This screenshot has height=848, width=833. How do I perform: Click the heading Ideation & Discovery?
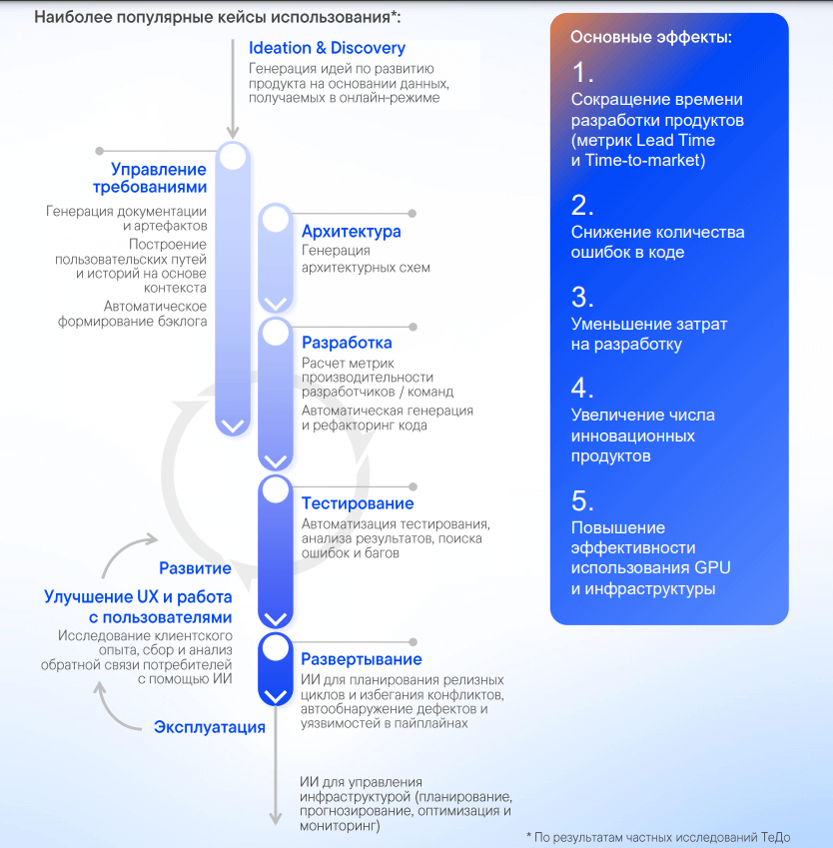tap(327, 48)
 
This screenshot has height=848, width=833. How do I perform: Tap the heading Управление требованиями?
tap(150, 178)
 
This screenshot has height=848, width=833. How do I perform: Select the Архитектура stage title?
tap(351, 232)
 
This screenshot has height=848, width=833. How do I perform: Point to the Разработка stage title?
tap(347, 343)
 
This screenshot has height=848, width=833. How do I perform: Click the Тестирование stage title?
tap(358, 503)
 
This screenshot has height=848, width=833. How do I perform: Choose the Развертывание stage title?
tap(362, 659)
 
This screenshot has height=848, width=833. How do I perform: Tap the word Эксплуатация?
tap(210, 727)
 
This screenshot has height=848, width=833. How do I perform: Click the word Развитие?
tap(196, 568)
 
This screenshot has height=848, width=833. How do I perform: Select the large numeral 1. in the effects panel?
tap(582, 73)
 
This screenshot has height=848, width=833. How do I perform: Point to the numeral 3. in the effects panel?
tap(582, 297)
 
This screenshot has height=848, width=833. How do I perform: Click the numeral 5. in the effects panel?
tap(582, 500)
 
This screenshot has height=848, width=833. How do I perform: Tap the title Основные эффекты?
tap(651, 37)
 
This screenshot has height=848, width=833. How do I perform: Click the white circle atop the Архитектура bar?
tap(276, 220)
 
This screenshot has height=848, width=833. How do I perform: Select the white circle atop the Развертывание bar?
tap(276, 648)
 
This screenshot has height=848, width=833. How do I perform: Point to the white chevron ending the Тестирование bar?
tap(276, 618)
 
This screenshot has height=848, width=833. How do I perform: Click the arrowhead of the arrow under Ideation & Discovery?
tap(233, 133)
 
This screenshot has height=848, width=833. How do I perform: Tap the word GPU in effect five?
tap(712, 568)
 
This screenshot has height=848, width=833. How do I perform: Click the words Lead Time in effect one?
tap(675, 141)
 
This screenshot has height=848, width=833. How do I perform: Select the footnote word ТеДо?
tap(776, 837)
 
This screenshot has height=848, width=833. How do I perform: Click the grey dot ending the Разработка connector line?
tap(414, 328)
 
